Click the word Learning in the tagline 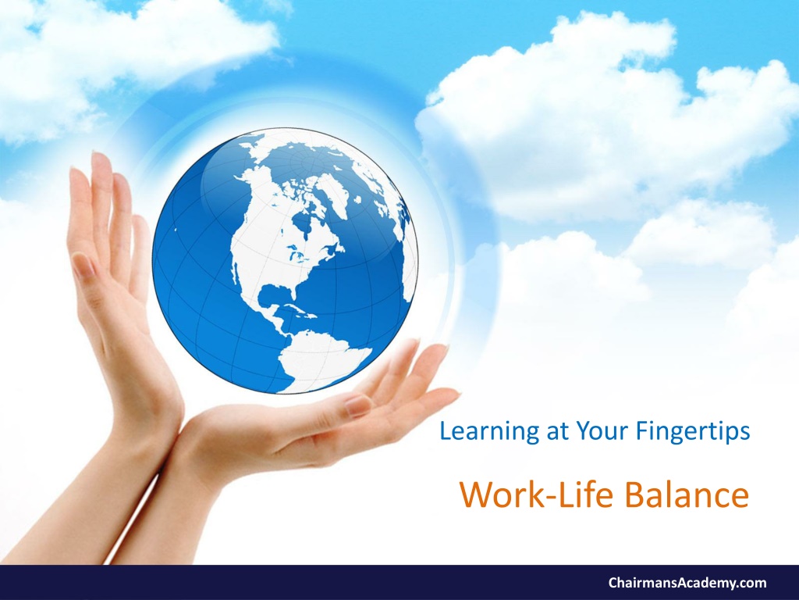coord(489,432)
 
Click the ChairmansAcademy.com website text coord(687,583)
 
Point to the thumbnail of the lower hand coord(359,405)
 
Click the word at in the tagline coord(557,433)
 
